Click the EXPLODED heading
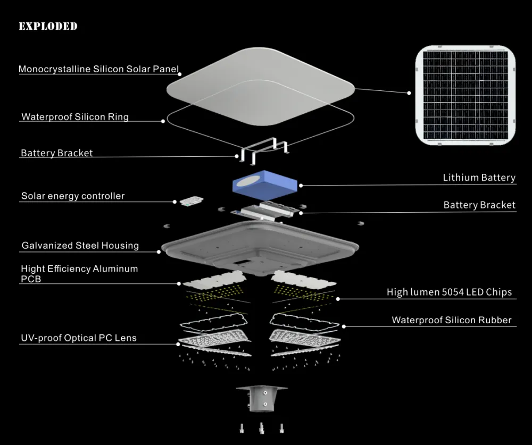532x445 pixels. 48,26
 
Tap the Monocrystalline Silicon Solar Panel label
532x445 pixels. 98,69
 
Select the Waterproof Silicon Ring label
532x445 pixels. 75,116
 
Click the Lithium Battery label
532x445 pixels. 479,178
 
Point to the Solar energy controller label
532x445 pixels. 73,196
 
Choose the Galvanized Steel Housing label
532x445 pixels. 80,245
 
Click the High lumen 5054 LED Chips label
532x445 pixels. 449,292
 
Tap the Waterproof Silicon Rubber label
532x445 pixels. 452,320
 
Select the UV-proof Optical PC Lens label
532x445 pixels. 79,338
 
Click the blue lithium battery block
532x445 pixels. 264,185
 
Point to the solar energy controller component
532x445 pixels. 192,201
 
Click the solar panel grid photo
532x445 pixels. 465,95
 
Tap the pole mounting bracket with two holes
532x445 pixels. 262,398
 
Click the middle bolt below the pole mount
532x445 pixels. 261,428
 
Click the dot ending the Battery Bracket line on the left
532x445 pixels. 237,156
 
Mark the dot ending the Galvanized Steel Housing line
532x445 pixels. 159,251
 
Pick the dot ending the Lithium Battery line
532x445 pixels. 301,186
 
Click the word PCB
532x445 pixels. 31,279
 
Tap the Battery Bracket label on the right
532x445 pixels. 479,205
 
